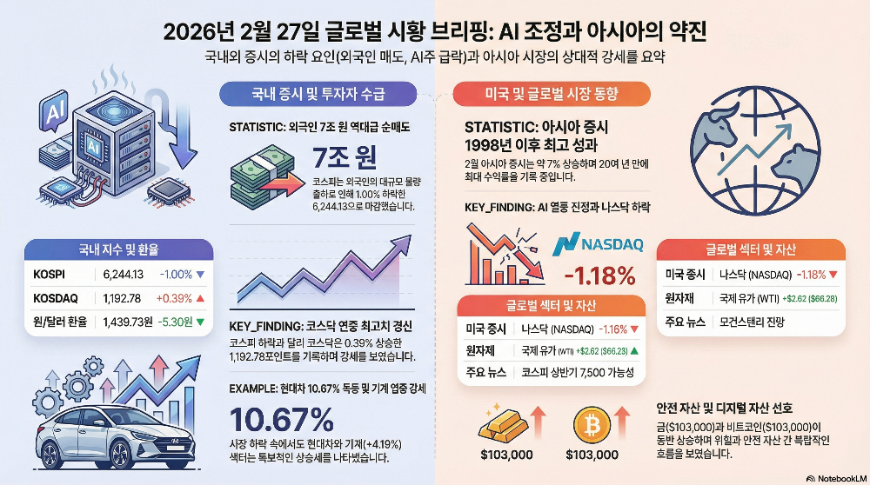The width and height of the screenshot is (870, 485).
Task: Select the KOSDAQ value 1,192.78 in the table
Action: [122, 298]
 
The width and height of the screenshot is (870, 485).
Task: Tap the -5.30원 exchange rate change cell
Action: [177, 321]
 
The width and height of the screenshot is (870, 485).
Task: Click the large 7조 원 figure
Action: [345, 158]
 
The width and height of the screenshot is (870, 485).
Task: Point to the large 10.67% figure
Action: [284, 422]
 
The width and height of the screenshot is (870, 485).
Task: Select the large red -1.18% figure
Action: [599, 277]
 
